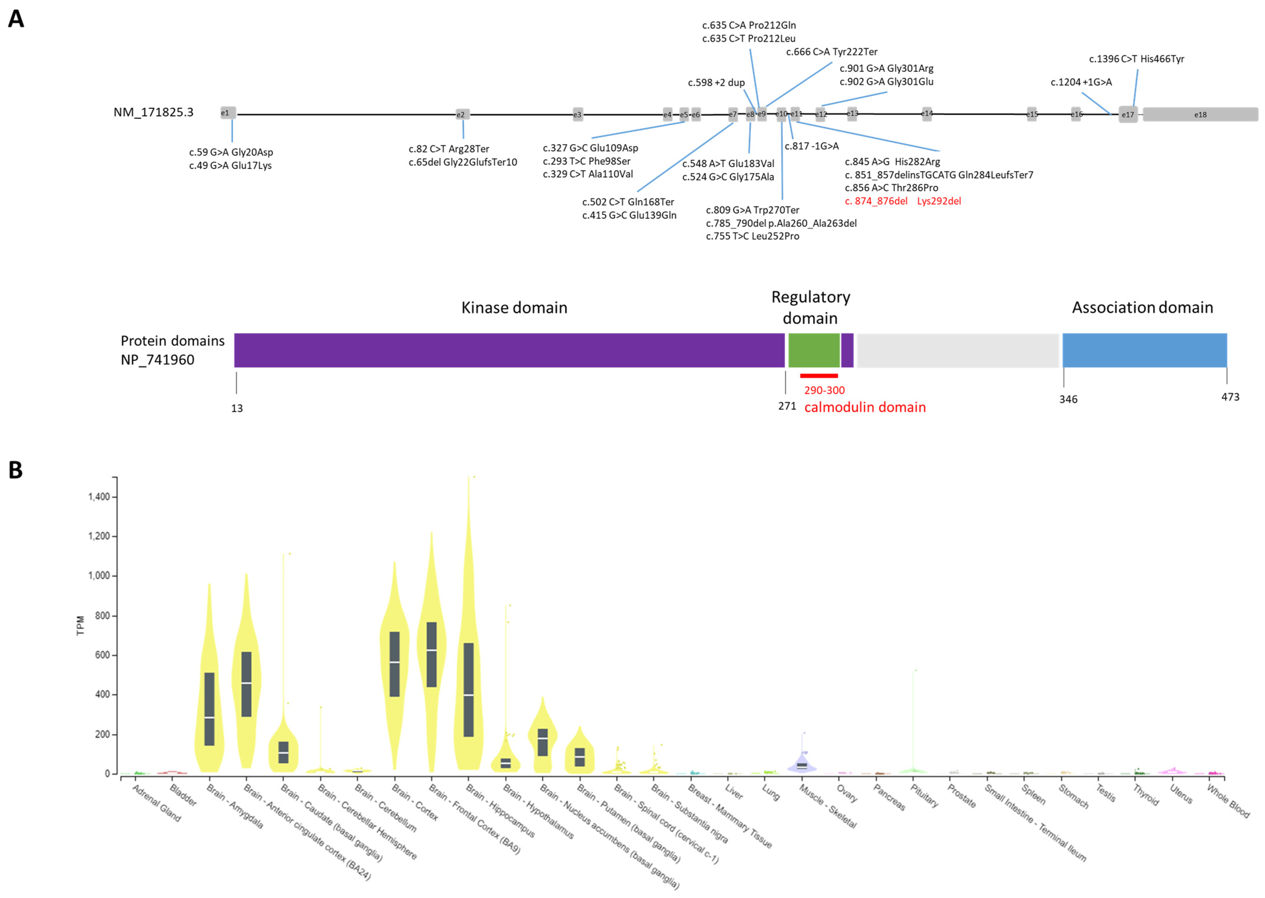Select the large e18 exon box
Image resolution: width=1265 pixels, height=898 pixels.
point(1200,114)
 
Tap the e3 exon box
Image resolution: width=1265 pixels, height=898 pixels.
point(577,114)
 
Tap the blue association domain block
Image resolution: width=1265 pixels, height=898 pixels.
point(1144,350)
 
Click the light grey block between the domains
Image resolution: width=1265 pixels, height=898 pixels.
point(957,350)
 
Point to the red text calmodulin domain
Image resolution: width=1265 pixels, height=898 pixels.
point(864,408)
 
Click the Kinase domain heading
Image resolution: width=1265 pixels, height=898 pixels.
point(514,308)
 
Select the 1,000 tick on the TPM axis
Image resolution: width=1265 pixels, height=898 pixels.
point(99,576)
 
